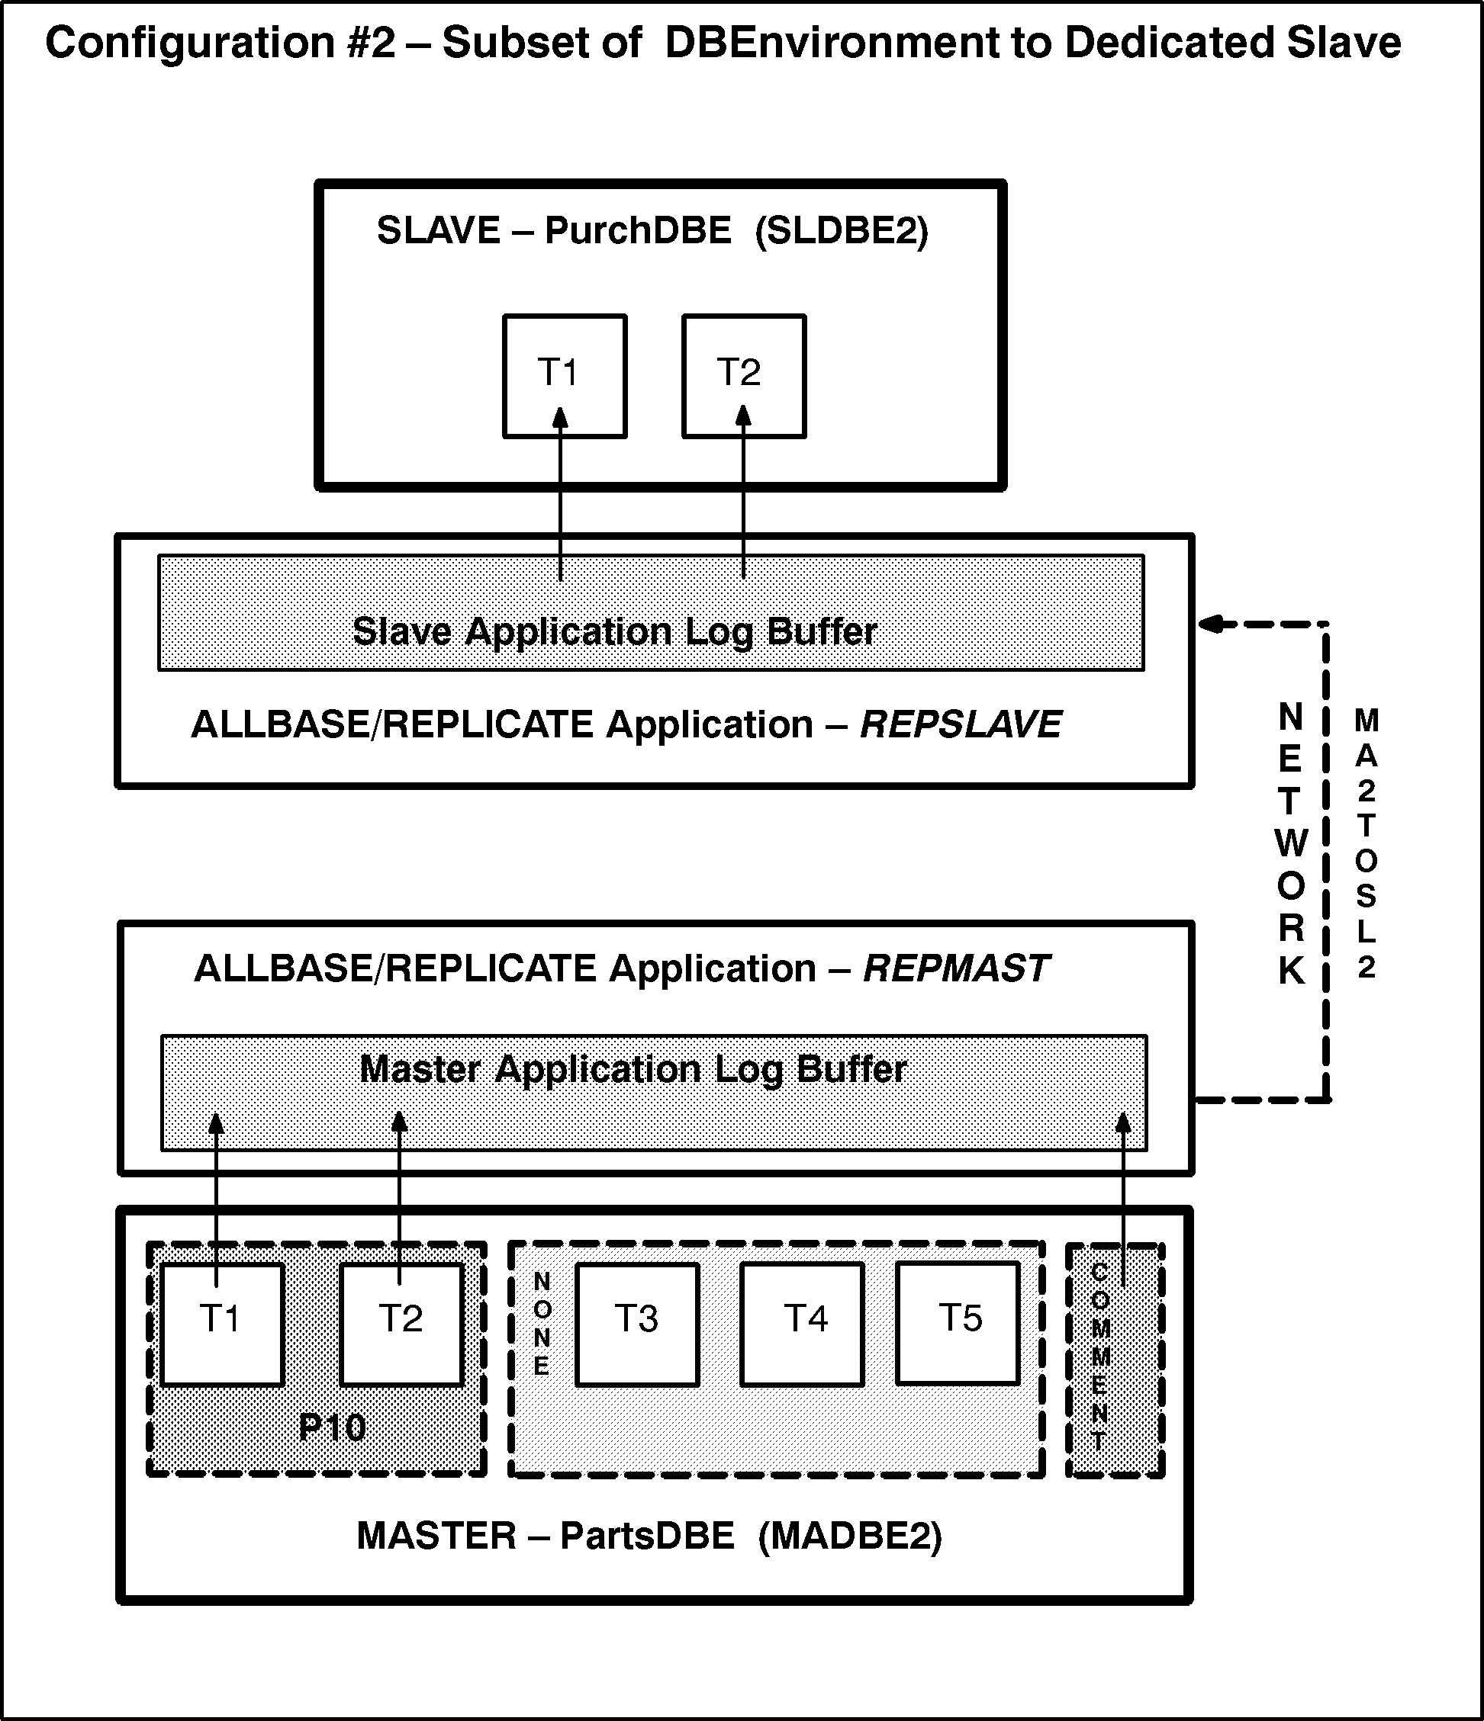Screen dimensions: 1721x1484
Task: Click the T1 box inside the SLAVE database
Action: [564, 375]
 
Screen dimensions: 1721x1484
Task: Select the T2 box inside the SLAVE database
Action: [744, 375]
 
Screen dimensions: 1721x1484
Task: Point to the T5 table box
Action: [958, 1324]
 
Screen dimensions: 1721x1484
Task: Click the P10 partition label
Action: [332, 1427]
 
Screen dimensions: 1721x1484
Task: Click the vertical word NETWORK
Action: [1290, 843]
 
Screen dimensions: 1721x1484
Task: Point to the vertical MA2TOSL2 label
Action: [1366, 843]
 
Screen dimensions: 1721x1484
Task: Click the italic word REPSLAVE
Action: [961, 724]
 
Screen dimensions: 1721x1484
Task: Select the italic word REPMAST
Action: [956, 968]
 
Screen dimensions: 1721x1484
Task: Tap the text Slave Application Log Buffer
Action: [615, 632]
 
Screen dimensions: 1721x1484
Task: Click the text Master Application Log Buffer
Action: [633, 1069]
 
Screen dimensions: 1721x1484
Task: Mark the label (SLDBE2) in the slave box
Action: [841, 230]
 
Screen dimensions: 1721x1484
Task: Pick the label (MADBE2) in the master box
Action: [850, 1536]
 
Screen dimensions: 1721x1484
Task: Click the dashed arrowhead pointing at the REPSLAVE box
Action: [1212, 624]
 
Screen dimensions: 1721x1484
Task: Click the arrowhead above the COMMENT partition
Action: [1122, 1123]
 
